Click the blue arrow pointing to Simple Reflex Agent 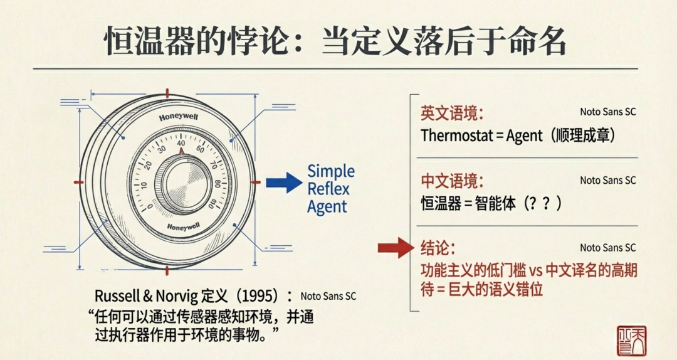pos(283,183)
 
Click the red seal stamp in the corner pos(631,341)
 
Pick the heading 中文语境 pos(452,182)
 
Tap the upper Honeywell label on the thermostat pos(179,117)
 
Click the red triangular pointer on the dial pos(181,151)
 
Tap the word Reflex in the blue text pos(328,189)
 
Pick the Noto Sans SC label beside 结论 pos(607,248)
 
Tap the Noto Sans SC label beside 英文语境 pos(607,112)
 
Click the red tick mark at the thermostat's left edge pos(78,182)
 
